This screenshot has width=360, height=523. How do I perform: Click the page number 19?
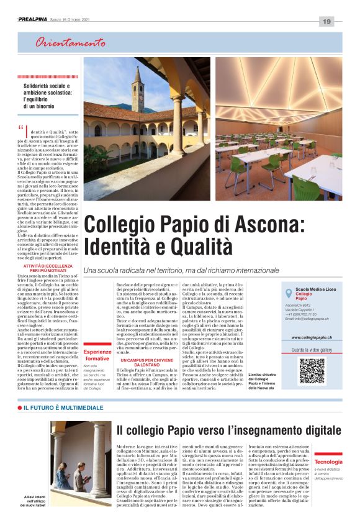point(326,21)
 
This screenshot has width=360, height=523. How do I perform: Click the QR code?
point(312,370)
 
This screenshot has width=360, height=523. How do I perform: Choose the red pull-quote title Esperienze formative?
point(97,356)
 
